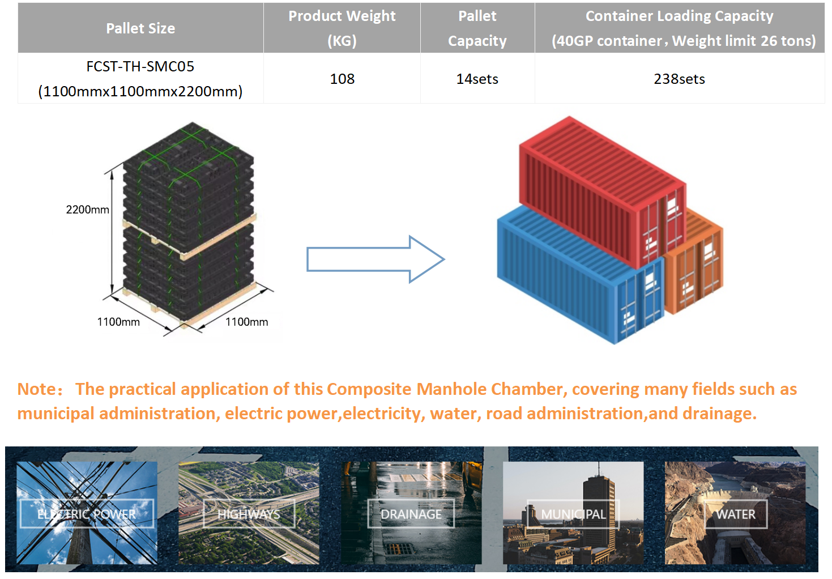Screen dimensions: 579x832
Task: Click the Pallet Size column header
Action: (140, 28)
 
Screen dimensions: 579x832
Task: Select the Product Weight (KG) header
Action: (342, 28)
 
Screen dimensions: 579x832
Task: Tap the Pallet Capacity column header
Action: (477, 28)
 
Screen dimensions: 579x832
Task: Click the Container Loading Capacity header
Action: (679, 28)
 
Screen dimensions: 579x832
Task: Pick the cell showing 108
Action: (342, 79)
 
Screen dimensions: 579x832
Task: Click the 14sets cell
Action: (477, 79)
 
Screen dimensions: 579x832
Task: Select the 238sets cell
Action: (679, 79)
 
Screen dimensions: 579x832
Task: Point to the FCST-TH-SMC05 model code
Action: (140, 67)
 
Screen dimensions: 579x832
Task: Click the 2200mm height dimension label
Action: (87, 210)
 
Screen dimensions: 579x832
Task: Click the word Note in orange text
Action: (37, 389)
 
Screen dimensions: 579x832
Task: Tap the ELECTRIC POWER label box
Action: (87, 514)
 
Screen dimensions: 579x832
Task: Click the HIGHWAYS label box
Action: (249, 514)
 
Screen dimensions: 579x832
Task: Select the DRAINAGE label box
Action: (411, 514)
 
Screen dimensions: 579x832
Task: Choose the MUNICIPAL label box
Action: (573, 514)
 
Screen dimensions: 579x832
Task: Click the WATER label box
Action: (735, 514)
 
